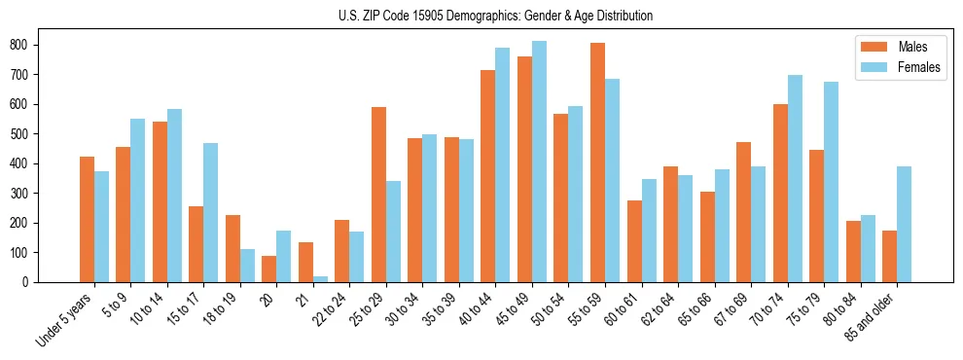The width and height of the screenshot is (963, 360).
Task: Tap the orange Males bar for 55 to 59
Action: click(597, 162)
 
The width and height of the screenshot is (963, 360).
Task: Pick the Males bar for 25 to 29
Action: click(378, 195)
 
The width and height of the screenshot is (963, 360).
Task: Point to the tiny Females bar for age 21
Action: click(320, 279)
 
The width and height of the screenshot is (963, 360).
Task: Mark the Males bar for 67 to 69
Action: click(743, 212)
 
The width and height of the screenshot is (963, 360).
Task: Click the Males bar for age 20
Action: click(268, 269)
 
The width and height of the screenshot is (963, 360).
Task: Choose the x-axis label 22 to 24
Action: click(329, 308)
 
